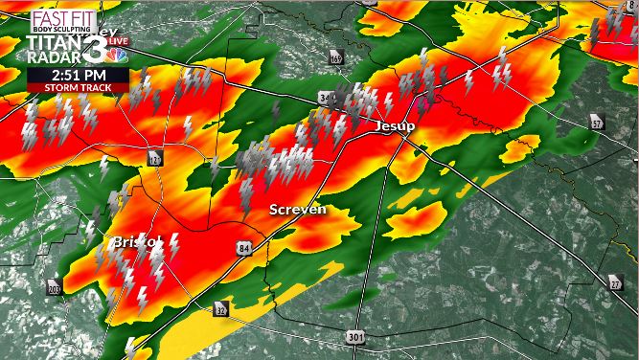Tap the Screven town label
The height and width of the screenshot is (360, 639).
(297, 209)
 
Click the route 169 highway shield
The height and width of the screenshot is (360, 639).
(335, 59)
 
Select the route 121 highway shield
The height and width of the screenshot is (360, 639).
(154, 158)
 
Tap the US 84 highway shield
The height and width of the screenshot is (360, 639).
(245, 248)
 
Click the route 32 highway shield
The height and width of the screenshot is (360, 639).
(221, 309)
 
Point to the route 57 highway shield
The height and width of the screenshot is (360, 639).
(598, 122)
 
